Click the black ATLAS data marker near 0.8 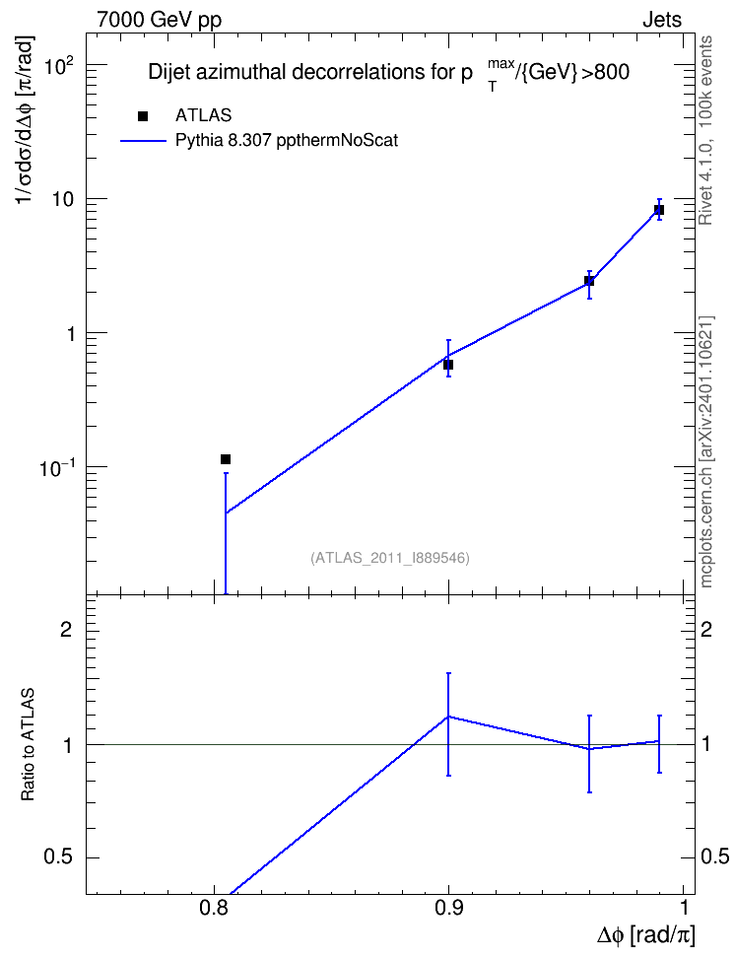point(226,459)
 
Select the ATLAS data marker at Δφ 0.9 point(448,365)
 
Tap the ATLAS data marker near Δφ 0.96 point(589,281)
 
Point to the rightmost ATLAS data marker point(659,210)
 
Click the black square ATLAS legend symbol point(143,116)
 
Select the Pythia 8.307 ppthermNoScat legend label point(287,141)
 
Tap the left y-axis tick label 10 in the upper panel point(63,199)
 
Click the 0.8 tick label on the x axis point(214,907)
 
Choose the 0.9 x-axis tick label point(449,907)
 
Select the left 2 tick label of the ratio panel point(66,629)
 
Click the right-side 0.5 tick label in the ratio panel point(715,856)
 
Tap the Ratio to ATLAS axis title point(29,745)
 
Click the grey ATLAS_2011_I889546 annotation point(390,558)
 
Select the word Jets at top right point(662,20)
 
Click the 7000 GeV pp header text point(159,20)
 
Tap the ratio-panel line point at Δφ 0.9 point(448,717)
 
